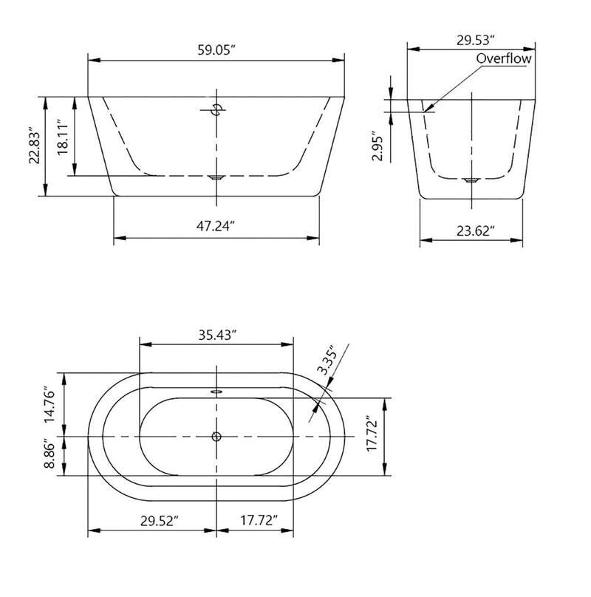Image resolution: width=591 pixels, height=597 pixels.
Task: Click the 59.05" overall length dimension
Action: pos(216,51)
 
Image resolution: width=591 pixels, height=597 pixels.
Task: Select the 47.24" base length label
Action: pos(216,228)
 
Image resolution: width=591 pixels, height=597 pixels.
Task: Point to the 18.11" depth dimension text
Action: pos(64,137)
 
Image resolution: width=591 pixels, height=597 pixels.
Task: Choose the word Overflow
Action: pos(504,58)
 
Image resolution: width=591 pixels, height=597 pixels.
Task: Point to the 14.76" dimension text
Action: pos(50,404)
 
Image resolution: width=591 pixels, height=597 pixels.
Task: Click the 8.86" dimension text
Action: pos(50,454)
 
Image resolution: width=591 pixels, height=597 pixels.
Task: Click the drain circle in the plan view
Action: pos(216,437)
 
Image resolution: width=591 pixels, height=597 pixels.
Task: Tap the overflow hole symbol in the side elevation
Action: pos(216,110)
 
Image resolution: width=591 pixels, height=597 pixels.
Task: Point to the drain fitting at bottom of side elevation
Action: pos(216,177)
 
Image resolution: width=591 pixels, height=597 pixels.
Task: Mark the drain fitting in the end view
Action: pos(471,180)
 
